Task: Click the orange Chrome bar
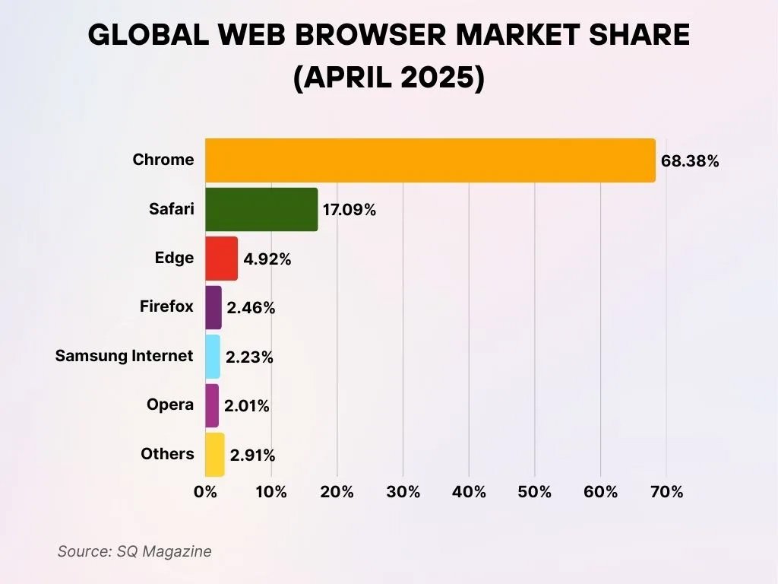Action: point(430,160)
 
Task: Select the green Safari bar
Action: point(261,209)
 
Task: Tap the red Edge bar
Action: point(221,259)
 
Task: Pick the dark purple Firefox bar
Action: point(213,307)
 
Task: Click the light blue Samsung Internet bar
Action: point(213,357)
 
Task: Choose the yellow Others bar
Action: point(215,455)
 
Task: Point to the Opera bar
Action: point(212,405)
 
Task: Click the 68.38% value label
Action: point(690,161)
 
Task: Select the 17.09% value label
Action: point(349,210)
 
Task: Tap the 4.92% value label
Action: point(267,259)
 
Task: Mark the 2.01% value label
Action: point(247,406)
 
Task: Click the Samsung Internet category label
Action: point(125,355)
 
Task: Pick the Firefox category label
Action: point(167,306)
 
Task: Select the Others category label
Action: point(168,454)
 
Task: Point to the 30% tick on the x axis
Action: point(403,492)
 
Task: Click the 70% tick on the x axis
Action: point(666,492)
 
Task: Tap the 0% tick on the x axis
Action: point(206,492)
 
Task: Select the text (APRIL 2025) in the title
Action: point(389,78)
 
